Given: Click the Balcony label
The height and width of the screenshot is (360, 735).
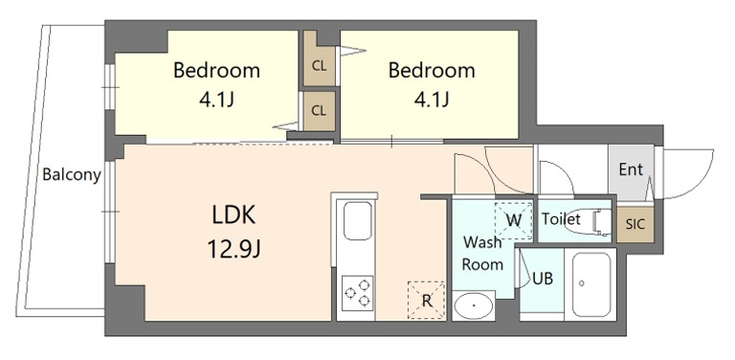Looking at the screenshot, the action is point(72,175).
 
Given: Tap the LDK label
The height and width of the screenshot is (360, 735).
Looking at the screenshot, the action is point(234,215).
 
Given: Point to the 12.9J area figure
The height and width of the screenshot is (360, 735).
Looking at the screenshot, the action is point(234,249).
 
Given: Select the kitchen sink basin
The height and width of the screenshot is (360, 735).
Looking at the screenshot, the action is point(357,220).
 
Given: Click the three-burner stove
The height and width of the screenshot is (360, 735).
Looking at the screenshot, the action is point(357,293).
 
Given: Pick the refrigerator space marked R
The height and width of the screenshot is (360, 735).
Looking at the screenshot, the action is point(426,301).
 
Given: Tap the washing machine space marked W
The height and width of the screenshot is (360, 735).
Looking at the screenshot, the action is point(514,220).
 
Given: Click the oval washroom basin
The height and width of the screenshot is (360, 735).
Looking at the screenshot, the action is point(474,305).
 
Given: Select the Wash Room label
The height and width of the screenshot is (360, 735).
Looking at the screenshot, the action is point(482,254).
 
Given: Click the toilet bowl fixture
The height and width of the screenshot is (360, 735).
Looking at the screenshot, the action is point(589,222).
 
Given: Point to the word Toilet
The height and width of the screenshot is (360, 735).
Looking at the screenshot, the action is point(561,219).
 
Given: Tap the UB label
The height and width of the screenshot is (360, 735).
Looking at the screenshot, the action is point(543,279).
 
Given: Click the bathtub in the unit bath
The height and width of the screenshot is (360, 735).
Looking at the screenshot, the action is point(590,284).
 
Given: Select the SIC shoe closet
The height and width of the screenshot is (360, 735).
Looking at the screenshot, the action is point(635,224).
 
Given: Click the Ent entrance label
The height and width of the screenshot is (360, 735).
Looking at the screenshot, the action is point(631,169).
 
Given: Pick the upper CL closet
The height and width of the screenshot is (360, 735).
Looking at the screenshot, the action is point(320,58).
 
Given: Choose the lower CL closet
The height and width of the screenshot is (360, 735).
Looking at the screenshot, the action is point(320,111).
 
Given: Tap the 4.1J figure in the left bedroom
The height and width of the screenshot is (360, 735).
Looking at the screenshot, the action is point(216,100).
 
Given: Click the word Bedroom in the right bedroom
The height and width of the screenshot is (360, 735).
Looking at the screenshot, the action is point(432,70).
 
